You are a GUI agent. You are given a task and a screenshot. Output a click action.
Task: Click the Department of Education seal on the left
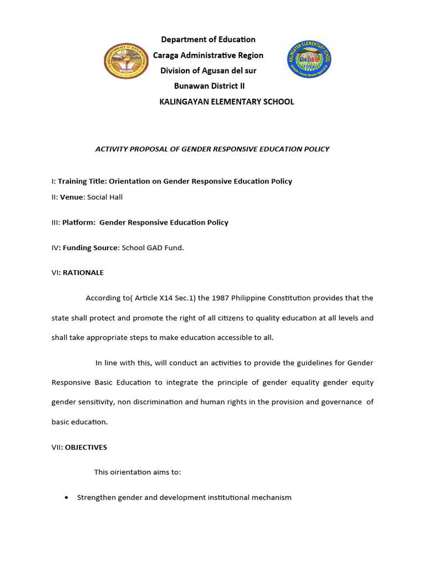(126, 62)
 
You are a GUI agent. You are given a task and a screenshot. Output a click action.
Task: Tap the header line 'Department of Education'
(208, 39)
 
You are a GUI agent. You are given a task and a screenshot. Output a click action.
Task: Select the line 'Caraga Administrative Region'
(208, 55)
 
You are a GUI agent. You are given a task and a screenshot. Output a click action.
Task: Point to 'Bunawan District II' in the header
(209, 86)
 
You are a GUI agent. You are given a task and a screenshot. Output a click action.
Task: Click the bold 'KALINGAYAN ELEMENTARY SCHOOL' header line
(226, 102)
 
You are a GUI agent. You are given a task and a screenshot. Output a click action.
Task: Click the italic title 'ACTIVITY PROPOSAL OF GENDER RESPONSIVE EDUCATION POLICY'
(213, 149)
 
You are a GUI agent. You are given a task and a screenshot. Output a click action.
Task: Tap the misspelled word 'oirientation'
(130, 472)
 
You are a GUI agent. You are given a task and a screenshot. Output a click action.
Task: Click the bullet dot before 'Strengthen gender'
(67, 498)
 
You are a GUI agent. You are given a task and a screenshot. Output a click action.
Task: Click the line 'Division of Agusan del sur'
(208, 70)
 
